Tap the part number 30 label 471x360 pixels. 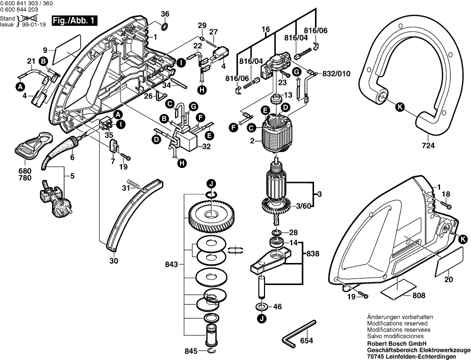tap(113, 261)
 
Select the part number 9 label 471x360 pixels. tap(45, 50)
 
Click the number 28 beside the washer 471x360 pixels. tap(293, 232)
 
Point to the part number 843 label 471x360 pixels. tap(171, 264)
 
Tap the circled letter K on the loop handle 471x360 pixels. tap(399, 106)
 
